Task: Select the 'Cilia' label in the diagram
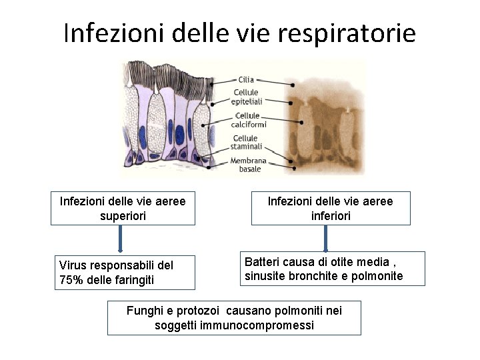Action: coord(246,79)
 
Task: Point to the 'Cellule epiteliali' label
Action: coord(246,97)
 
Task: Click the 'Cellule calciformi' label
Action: coord(249,120)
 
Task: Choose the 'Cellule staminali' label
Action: coord(246,142)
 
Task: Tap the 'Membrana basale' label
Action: coord(249,165)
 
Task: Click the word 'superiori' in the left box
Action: coord(122,216)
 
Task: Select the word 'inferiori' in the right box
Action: coord(331,216)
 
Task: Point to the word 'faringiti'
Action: coord(131,280)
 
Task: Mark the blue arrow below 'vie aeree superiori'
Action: coord(121,239)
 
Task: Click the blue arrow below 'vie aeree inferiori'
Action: coord(326,237)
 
